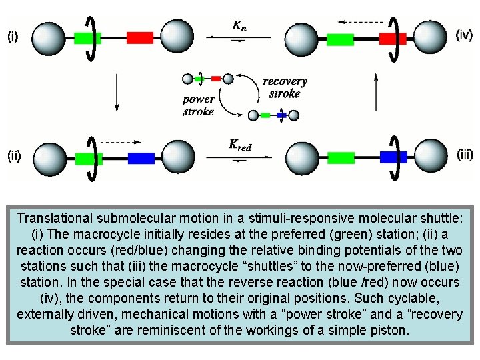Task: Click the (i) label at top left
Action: (x=13, y=37)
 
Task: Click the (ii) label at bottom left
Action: (x=14, y=157)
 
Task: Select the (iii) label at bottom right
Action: (x=465, y=154)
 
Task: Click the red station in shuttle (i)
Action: (x=140, y=37)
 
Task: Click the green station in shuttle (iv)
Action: (x=340, y=39)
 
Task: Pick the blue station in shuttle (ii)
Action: (x=141, y=158)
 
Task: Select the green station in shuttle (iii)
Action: (x=341, y=157)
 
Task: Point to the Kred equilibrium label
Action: (x=240, y=145)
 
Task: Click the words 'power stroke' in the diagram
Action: (x=199, y=105)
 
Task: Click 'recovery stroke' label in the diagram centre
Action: (x=285, y=87)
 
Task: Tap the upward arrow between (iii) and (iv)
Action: (x=377, y=93)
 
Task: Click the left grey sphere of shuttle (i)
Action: (x=48, y=37)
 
